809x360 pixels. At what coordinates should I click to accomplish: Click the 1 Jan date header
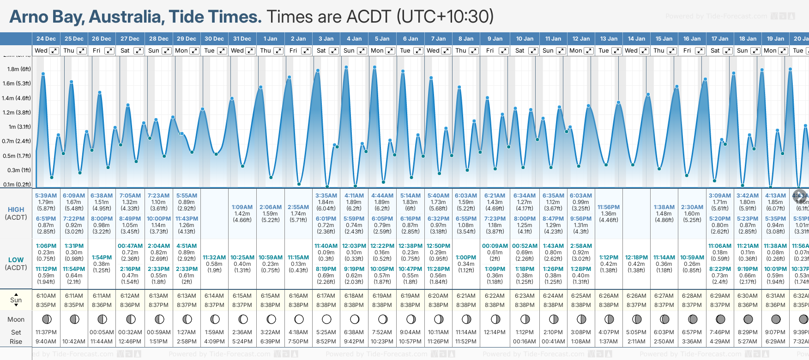click(x=270, y=39)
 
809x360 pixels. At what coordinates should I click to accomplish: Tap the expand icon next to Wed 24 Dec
click(x=54, y=51)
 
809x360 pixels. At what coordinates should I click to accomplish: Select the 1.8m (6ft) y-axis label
click(x=19, y=69)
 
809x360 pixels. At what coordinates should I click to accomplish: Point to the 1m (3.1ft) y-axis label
click(x=19, y=127)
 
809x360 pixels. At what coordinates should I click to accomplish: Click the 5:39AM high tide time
click(x=46, y=196)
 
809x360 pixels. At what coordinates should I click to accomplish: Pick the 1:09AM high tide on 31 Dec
click(x=242, y=207)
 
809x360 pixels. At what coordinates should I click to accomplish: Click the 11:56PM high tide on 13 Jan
click(x=609, y=207)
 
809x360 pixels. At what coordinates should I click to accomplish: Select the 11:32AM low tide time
click(x=214, y=258)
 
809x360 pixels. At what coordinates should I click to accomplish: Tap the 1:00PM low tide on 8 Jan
click(x=466, y=258)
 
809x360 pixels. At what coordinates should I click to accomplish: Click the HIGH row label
click(x=16, y=210)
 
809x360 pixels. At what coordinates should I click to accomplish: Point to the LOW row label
click(x=16, y=260)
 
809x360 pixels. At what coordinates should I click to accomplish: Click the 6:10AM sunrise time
click(x=46, y=296)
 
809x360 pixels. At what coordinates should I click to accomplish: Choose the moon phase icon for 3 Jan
click(x=326, y=319)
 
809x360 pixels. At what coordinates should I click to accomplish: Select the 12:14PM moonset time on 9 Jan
click(x=495, y=332)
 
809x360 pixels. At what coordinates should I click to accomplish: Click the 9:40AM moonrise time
click(x=46, y=342)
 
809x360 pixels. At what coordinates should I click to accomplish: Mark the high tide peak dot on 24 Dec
click(x=43, y=73)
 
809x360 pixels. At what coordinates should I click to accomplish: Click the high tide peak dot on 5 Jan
click(x=374, y=67)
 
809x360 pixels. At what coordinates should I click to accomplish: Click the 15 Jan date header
click(x=664, y=39)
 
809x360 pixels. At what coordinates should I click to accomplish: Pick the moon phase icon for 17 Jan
click(x=720, y=319)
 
